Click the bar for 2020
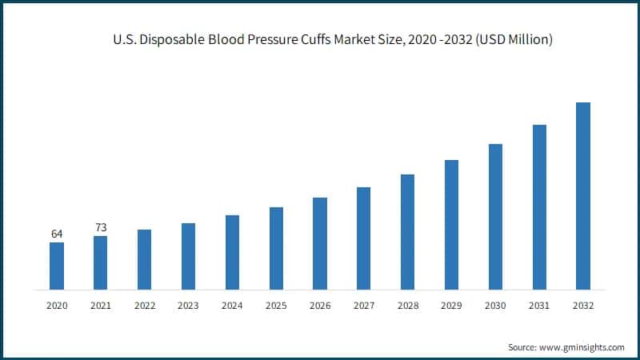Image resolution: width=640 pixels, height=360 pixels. (x=57, y=266)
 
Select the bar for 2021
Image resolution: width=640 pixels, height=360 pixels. (x=101, y=262)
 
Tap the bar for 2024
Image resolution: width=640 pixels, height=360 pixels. (x=232, y=252)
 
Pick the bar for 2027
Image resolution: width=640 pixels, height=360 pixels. (x=364, y=238)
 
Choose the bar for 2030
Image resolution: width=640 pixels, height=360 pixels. (x=495, y=217)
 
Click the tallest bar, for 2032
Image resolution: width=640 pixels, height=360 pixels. (x=583, y=196)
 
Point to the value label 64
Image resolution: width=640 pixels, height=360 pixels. (x=57, y=234)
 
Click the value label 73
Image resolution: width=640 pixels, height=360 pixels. (x=101, y=228)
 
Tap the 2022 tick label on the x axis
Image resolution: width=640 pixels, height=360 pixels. (x=145, y=306)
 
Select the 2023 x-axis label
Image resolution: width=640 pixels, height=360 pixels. (x=189, y=306)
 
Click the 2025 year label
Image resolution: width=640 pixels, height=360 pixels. (x=276, y=306)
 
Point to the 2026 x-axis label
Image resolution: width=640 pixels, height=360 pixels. (x=320, y=306)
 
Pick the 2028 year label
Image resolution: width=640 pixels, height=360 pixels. (x=407, y=306)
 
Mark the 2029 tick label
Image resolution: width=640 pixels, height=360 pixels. (x=451, y=306)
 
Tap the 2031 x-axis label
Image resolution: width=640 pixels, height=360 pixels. (x=539, y=306)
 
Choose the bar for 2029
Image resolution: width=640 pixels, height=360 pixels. (x=451, y=225)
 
